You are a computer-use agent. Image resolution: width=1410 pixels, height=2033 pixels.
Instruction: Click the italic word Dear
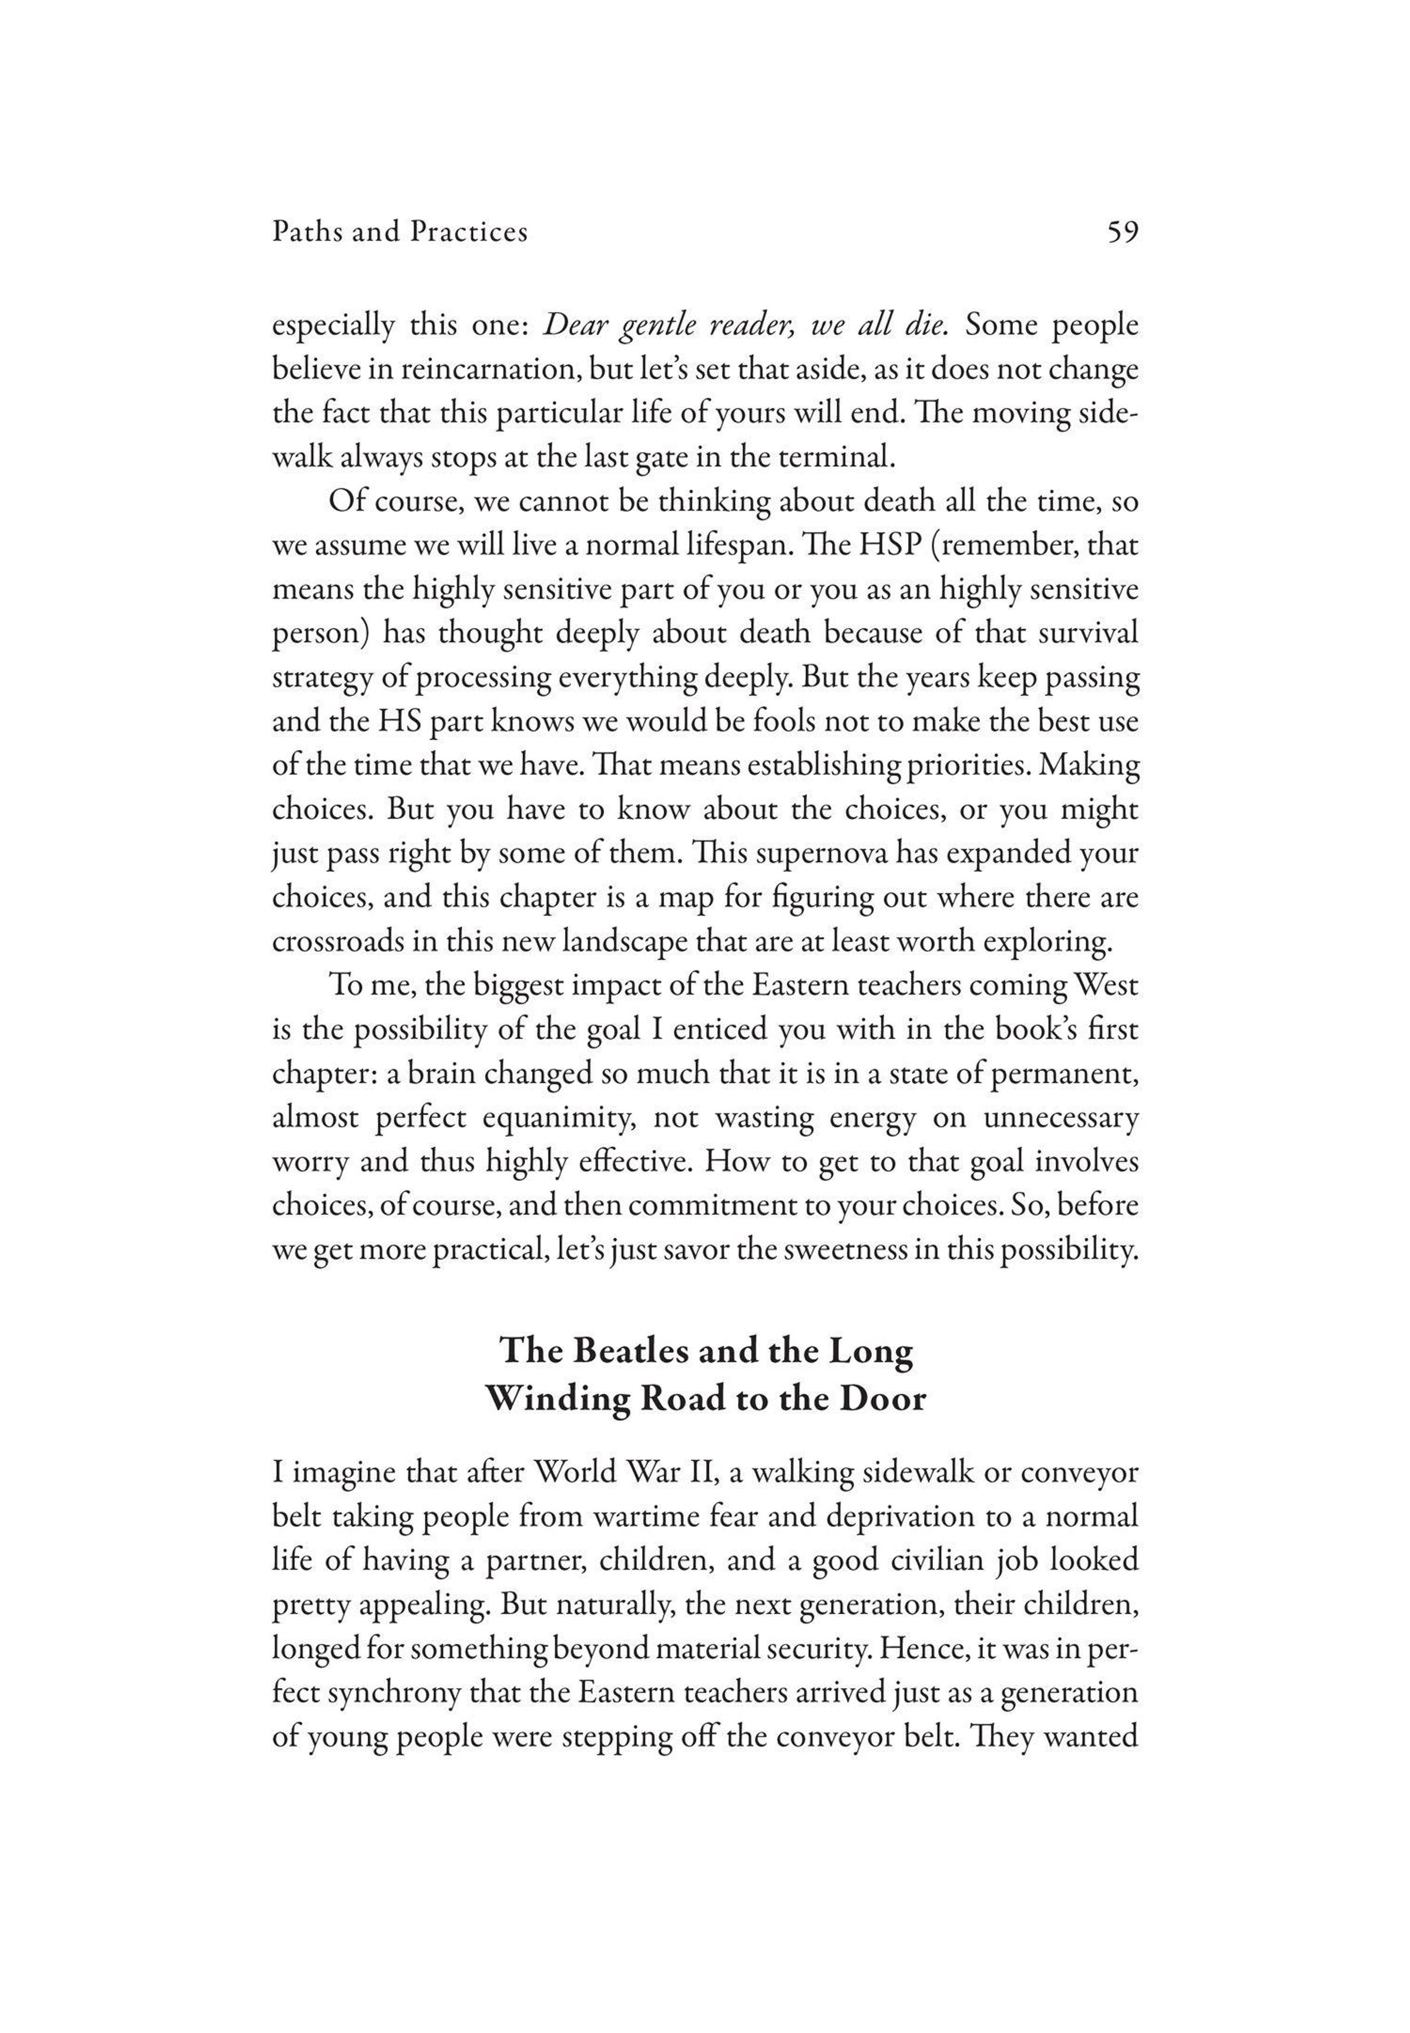[573, 326]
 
